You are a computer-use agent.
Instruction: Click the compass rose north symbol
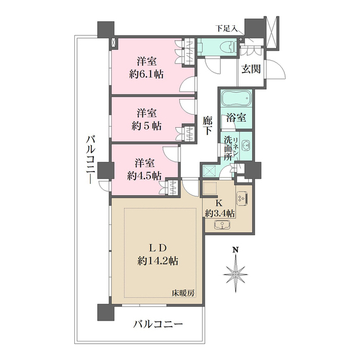pos(235,272)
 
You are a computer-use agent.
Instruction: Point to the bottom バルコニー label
pos(158,325)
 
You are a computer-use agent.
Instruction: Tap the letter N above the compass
pos(236,250)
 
